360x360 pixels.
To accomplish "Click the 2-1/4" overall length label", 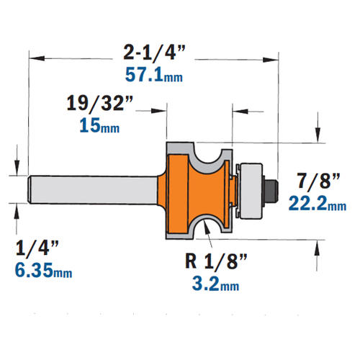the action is coord(154,53).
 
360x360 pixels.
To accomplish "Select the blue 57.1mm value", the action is coord(154,74).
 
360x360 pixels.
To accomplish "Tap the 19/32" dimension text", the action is coord(99,103).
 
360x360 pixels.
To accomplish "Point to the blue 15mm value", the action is coord(99,125).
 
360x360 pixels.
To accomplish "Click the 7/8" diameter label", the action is coord(318,181).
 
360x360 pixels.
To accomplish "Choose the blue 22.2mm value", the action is coord(318,203).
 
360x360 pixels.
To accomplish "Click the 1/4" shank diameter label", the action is coord(37,248).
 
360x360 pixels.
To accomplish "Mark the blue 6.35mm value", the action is coord(43,270).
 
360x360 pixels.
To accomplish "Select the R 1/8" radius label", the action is coord(216,261).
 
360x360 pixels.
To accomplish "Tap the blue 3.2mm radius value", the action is coord(215,284).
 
